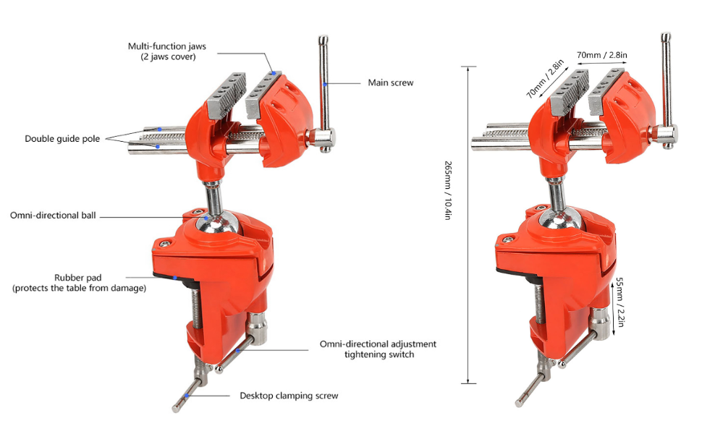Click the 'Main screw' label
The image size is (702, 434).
point(390,82)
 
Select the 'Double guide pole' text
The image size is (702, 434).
point(62,139)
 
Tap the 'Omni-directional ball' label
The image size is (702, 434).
point(53,216)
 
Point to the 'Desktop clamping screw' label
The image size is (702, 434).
point(289,396)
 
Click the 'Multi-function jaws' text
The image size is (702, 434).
point(167,46)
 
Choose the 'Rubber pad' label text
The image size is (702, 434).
point(78,278)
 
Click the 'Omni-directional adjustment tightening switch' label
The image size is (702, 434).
point(378,349)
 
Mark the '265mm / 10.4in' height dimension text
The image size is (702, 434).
point(448,190)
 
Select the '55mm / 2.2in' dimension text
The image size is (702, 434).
point(619,302)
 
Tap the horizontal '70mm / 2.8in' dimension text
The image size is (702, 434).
point(601,55)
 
